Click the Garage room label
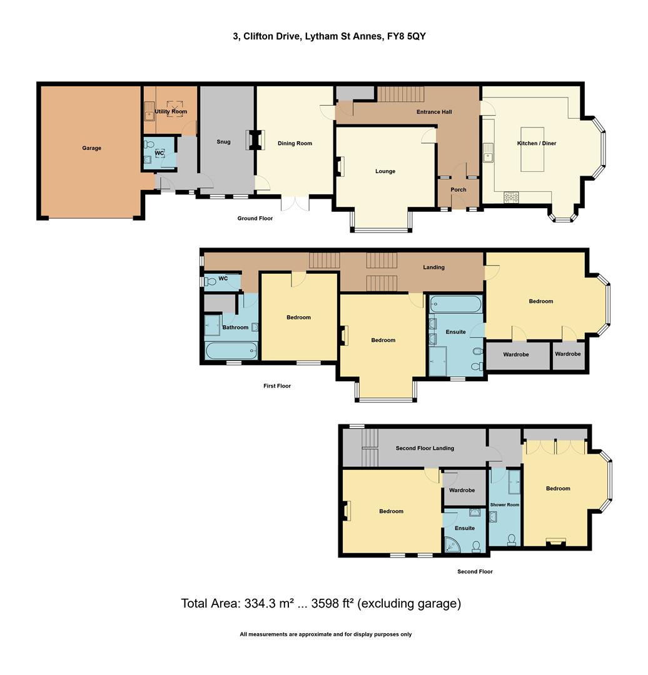(91, 148)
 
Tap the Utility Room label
(171, 111)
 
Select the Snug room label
(223, 142)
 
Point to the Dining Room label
(295, 143)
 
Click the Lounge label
(385, 171)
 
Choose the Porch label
(458, 190)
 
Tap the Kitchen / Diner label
(536, 143)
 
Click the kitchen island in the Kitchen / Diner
(532, 154)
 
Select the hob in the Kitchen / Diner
(512, 197)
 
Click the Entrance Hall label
(434, 112)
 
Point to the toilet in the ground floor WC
(148, 144)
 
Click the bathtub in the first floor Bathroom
(231, 351)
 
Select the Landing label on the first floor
(433, 267)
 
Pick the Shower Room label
(505, 504)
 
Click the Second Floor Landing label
(425, 448)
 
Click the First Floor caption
(277, 386)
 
